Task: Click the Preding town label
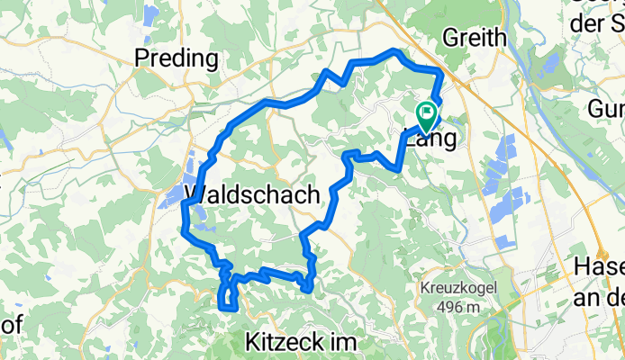176,59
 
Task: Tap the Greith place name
475,37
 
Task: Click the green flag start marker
425,113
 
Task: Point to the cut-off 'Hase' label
598,267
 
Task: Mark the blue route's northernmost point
394,50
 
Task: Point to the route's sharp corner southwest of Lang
398,166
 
